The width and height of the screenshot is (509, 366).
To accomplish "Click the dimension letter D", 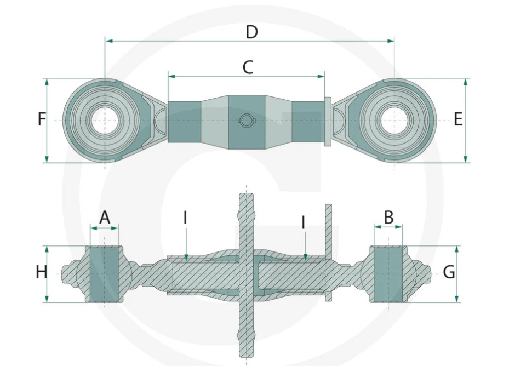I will click(251, 32).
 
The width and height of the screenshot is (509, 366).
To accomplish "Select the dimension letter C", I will click(248, 67).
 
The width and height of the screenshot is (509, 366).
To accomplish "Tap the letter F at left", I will click(42, 119).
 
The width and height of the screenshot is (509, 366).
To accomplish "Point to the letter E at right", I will click(458, 119).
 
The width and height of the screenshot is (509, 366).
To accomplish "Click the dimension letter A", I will click(105, 218).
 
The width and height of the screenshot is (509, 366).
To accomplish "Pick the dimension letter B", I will click(388, 218).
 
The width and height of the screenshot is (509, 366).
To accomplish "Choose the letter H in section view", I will click(42, 272).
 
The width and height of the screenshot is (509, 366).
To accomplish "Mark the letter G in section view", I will click(449, 272).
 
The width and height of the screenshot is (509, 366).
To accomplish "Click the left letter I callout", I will click(185, 218).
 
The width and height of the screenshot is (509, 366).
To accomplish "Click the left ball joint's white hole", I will click(105, 121).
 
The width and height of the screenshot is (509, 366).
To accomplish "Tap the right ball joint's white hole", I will click(394, 121).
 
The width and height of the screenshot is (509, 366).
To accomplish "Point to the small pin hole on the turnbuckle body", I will click(247, 121).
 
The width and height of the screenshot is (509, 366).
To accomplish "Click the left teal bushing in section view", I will click(104, 273).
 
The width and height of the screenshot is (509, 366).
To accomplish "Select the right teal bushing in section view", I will click(388, 273).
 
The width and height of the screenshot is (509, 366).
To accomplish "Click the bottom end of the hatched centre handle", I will click(245, 351).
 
